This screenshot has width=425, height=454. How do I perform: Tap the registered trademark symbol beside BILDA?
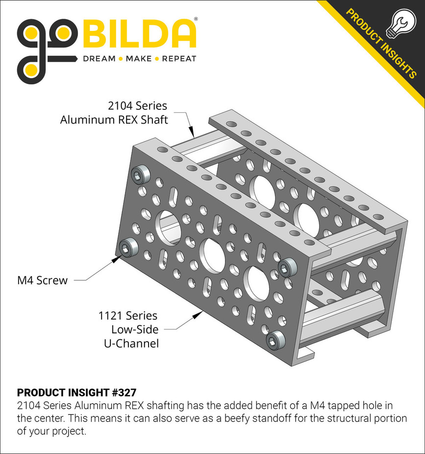point(196,20)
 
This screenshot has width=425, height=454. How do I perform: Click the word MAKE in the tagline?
point(139,59)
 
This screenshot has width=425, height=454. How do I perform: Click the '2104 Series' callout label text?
point(137,106)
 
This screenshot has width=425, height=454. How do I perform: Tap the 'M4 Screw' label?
point(42,281)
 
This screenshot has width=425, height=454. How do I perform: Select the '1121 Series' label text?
point(128,316)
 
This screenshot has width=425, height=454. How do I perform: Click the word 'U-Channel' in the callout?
point(131,344)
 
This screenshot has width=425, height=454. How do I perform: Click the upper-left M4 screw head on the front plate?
point(143,174)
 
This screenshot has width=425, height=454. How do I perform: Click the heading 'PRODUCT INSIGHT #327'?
point(76,393)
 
